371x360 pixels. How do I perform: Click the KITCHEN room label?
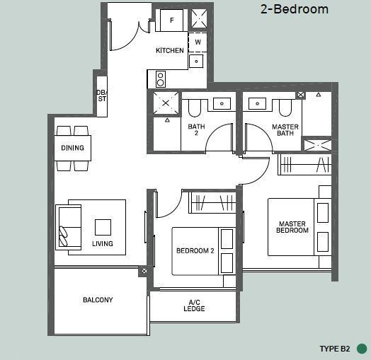(x=170, y=50)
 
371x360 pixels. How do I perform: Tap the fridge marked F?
(x=171, y=21)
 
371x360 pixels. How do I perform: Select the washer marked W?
(x=198, y=42)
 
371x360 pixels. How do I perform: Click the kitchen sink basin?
(x=196, y=62)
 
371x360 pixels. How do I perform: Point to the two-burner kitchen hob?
(x=161, y=79)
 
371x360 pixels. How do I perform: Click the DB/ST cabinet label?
(x=102, y=95)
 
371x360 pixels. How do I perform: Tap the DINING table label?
(x=72, y=148)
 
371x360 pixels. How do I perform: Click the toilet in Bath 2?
(x=195, y=108)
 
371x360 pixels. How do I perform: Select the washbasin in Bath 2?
(x=222, y=103)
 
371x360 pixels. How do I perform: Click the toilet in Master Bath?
(x=285, y=108)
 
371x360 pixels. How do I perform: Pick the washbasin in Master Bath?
(x=257, y=103)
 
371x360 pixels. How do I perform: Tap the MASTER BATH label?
(x=285, y=130)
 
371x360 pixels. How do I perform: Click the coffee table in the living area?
(x=103, y=227)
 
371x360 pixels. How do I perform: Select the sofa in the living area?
(x=69, y=228)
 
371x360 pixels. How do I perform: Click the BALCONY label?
(x=98, y=300)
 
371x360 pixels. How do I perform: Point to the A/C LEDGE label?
(x=194, y=306)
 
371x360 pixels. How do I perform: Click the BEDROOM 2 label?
(x=195, y=250)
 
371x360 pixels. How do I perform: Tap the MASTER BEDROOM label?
(x=292, y=227)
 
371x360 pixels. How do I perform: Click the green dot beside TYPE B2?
(x=362, y=349)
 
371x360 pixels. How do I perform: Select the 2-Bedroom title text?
(x=295, y=9)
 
